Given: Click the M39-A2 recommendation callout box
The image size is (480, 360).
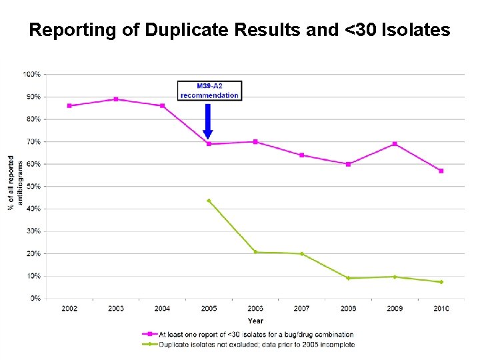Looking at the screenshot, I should [x=209, y=91].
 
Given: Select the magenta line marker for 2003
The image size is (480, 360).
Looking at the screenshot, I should [x=116, y=99].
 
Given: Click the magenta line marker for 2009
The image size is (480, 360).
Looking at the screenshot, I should [x=395, y=144].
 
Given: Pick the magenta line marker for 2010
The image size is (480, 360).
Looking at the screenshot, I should [x=441, y=171].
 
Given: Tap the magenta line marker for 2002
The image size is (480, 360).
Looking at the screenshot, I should [x=69, y=106].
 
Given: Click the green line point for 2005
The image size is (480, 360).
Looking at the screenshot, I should [x=209, y=201].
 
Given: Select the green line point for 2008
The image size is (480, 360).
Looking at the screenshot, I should [x=348, y=278].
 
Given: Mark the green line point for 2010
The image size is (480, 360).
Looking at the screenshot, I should [x=441, y=282].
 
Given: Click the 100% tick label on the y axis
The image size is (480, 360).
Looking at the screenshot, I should [x=32, y=73].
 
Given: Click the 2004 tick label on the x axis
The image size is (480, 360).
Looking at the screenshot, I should [x=162, y=308].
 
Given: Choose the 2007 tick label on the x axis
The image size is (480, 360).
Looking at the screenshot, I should [x=301, y=308].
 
